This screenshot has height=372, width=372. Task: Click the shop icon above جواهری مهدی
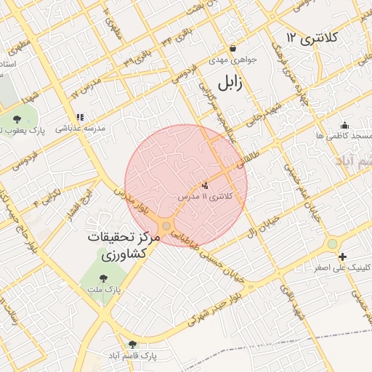[x=232, y=48]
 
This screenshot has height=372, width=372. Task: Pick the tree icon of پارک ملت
[x=102, y=278]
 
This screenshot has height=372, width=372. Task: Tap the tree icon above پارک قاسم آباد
[x=132, y=344]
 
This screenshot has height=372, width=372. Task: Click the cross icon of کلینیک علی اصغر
[x=342, y=256]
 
